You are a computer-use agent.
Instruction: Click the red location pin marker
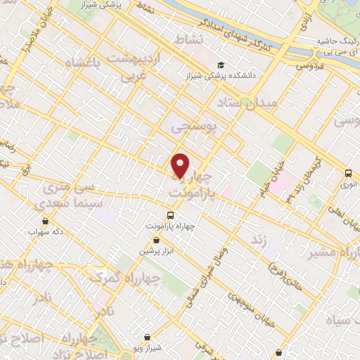coord(181,165)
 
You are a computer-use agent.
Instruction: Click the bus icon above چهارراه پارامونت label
coord(170,215)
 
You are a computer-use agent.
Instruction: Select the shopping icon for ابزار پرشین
coord(156,240)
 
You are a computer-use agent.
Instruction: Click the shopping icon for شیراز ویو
coord(146,337)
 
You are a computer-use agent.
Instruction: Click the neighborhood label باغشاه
coord(82,65)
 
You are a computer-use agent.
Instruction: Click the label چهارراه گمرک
coord(134,279)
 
